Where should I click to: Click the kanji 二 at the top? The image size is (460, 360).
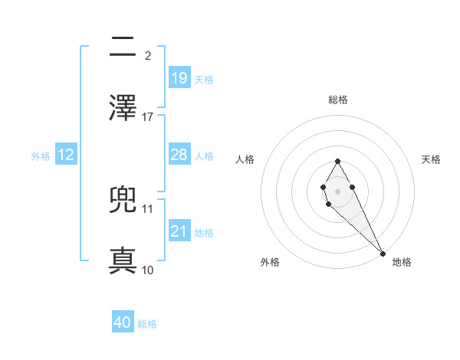point(123,48)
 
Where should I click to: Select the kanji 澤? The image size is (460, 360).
point(123,107)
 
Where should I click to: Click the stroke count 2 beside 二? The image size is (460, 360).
point(148,55)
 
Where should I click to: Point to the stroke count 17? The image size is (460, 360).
point(148,116)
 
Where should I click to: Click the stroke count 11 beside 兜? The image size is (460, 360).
point(148,208)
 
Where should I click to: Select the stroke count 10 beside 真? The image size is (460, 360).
point(148,270)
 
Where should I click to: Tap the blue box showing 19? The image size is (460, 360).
point(179,77)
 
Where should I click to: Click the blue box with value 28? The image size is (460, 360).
point(179,155)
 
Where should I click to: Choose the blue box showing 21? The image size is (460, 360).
point(179,231)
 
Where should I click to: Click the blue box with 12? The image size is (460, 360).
point(66,155)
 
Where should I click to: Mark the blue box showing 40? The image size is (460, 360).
point(123,323)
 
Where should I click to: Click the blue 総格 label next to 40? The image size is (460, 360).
point(147,324)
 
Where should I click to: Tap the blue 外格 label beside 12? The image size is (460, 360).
point(41,155)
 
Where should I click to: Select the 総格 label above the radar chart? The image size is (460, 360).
point(337,100)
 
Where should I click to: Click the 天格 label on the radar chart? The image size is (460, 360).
point(432,159)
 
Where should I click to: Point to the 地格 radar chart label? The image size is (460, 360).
point(402,262)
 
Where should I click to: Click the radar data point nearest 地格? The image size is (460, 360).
point(383,252)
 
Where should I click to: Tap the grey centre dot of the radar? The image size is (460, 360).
point(337,190)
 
